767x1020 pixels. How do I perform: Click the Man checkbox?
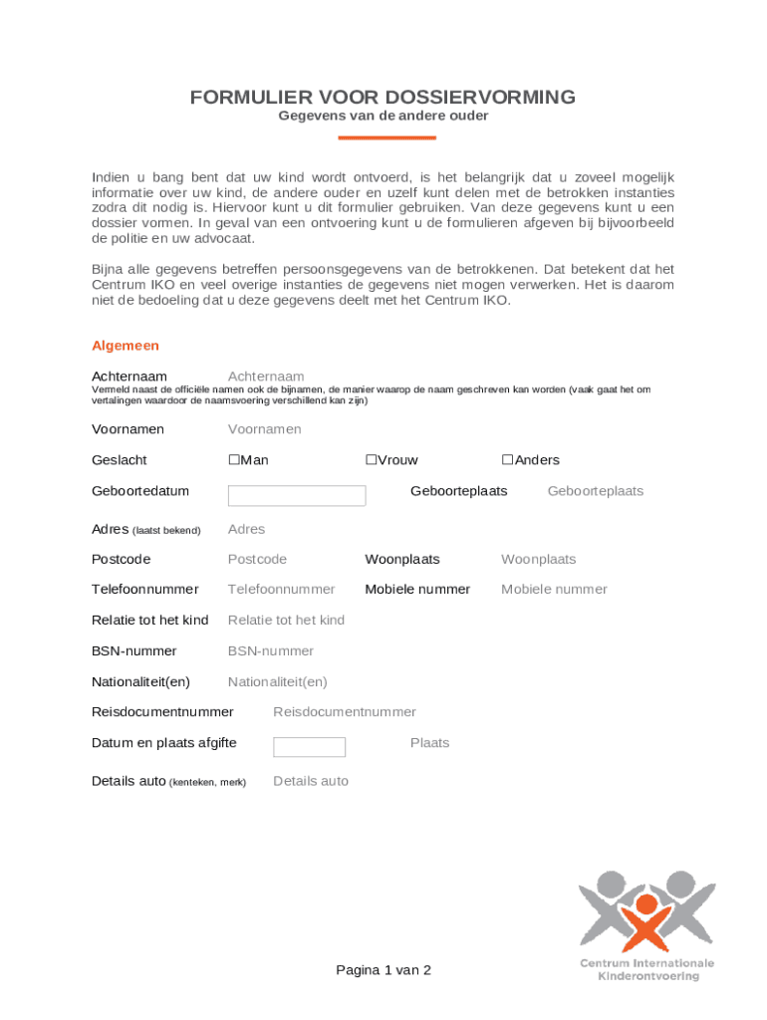pyautogui.click(x=234, y=460)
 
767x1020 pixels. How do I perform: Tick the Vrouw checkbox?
pyautogui.click(x=371, y=460)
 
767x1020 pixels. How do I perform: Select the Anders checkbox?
pyautogui.click(x=507, y=460)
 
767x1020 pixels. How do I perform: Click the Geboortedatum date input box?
pyautogui.click(x=297, y=496)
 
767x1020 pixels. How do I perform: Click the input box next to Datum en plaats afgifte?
pyautogui.click(x=309, y=747)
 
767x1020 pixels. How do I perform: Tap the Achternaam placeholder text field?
pyautogui.click(x=266, y=377)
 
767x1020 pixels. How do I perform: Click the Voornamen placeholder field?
pyautogui.click(x=264, y=429)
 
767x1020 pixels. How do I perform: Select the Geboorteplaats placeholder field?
pyautogui.click(x=595, y=491)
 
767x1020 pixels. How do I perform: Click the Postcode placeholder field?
pyautogui.click(x=257, y=560)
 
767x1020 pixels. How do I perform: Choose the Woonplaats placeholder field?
pyautogui.click(x=538, y=560)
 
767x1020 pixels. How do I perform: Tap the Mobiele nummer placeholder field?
pyautogui.click(x=554, y=590)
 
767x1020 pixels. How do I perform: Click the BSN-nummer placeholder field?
pyautogui.click(x=270, y=651)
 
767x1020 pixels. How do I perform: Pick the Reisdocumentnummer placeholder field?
pyautogui.click(x=345, y=712)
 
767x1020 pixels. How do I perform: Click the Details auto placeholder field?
pyautogui.click(x=311, y=782)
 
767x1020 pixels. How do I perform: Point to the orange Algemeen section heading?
pyautogui.click(x=126, y=346)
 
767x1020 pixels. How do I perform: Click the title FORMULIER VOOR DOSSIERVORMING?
pyautogui.click(x=383, y=98)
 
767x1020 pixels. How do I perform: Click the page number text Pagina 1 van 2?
pyautogui.click(x=383, y=970)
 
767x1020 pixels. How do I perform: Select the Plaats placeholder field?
pyautogui.click(x=429, y=743)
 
